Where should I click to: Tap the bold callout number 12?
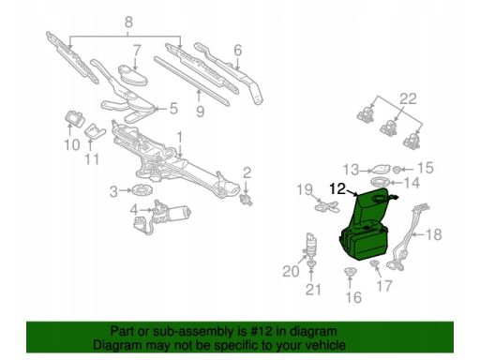337,188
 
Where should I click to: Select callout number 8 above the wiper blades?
128,22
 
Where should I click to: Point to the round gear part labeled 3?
142,189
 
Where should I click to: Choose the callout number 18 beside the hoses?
434,234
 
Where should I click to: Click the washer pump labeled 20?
311,246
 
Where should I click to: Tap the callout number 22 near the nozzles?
408,98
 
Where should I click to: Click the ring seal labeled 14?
381,182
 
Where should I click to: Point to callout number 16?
353,297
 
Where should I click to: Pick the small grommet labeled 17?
374,264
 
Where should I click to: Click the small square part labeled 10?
74,118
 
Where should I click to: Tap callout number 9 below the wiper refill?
201,112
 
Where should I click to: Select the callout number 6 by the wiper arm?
238,50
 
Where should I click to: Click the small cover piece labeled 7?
133,75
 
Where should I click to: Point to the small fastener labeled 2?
247,199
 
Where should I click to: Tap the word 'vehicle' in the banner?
326,345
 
